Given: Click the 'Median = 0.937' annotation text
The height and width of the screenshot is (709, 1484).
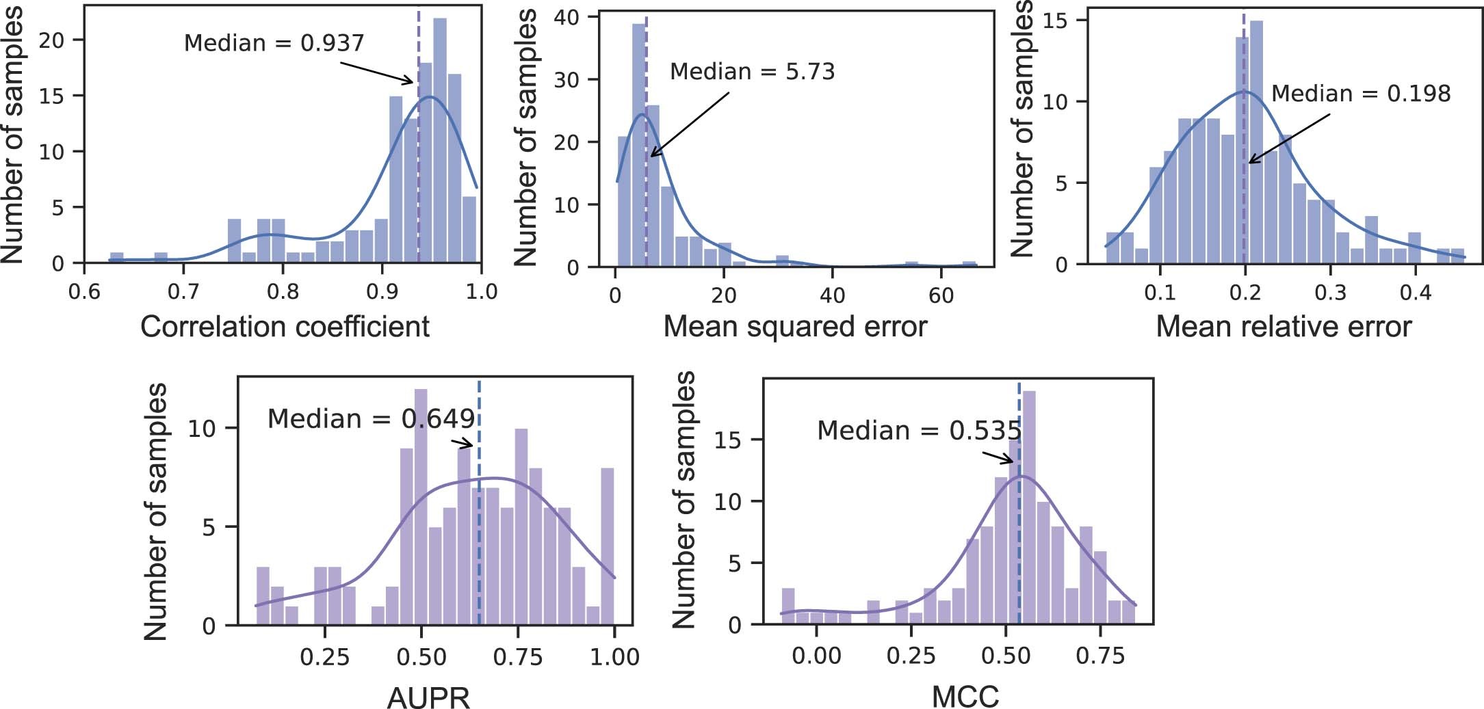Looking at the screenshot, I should [x=274, y=43].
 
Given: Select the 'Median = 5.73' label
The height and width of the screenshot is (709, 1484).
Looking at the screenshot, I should [x=752, y=72].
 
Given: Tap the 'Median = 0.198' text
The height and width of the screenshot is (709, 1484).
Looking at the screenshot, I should [x=1360, y=94].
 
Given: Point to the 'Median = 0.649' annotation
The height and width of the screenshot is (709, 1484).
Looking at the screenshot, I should [x=371, y=418].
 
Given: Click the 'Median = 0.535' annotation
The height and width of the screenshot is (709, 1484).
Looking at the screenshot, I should [x=919, y=431].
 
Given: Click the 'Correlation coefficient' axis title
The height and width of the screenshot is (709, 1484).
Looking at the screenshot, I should [x=285, y=327].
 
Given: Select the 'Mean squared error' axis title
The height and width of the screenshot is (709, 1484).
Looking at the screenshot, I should [x=795, y=327].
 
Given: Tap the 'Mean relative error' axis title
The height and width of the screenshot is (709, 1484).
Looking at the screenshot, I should [x=1284, y=327].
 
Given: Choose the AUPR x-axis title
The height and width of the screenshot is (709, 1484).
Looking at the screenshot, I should [x=428, y=697].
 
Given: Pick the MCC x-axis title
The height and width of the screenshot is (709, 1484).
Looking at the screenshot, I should [x=965, y=697].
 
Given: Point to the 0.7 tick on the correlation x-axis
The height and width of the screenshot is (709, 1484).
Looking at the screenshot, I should [x=183, y=293].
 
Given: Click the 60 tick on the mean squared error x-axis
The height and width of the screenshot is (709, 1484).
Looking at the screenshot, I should [x=941, y=295].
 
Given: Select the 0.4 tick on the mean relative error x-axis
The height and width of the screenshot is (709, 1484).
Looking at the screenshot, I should [x=1416, y=293].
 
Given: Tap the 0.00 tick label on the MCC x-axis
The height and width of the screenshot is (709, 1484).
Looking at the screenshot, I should [x=816, y=656].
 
